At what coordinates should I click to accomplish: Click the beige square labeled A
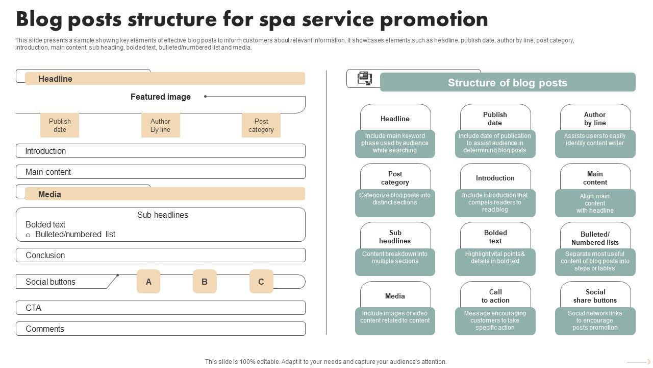tap(148, 282)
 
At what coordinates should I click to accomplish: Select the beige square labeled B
tap(205, 282)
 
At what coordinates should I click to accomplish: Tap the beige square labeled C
tap(261, 282)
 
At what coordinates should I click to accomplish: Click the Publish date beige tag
tap(60, 125)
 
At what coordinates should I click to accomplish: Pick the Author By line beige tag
tap(160, 125)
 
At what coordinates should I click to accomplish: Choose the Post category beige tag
tap(261, 125)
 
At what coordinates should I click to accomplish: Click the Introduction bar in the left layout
tap(160, 151)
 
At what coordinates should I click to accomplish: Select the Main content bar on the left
tap(160, 172)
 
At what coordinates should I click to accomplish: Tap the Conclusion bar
tap(160, 255)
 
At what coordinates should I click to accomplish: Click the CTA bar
tap(160, 308)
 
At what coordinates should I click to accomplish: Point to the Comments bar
tap(160, 329)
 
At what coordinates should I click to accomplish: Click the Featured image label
tap(161, 97)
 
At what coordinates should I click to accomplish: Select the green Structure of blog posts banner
tap(508, 82)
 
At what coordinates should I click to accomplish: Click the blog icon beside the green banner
tap(365, 78)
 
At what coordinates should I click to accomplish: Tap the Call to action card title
tap(495, 296)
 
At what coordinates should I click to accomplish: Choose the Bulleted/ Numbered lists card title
tap(595, 238)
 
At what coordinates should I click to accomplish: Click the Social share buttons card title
tap(595, 296)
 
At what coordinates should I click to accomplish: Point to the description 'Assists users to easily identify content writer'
tap(595, 140)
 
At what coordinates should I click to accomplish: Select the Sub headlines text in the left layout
tap(163, 215)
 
